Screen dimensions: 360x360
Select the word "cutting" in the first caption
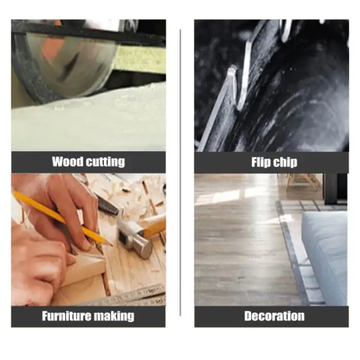pyautogui.click(x=105, y=162)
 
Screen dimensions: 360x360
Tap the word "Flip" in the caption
pyautogui.click(x=261, y=163)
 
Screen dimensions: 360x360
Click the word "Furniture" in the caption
pyautogui.click(x=70, y=316)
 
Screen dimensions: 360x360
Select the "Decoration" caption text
pyautogui.click(x=274, y=316)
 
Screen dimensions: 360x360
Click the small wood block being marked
pyautogui.click(x=85, y=267)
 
